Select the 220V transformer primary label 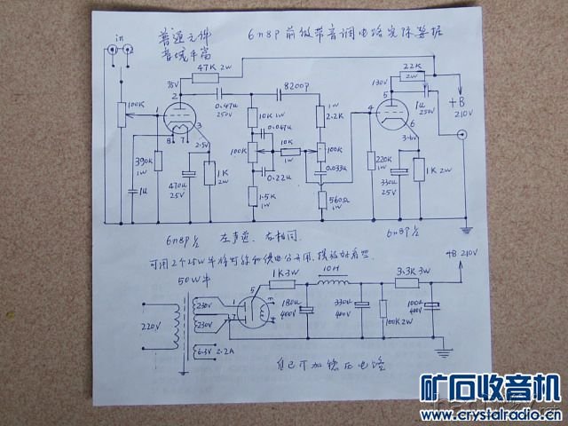click(153, 326)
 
